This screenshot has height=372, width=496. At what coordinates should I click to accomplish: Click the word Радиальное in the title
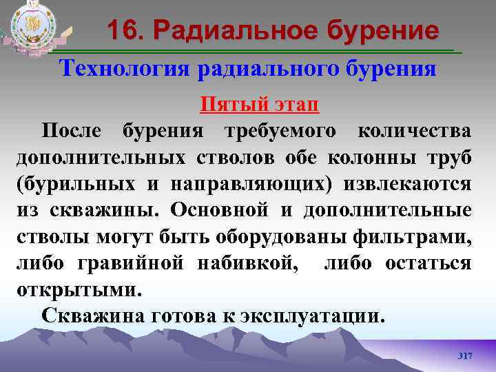[x=227, y=31]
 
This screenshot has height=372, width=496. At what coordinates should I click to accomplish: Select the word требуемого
[x=280, y=131]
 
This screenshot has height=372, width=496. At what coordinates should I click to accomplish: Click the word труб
[x=451, y=158]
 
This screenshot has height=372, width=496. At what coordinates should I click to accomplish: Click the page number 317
[x=465, y=355]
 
